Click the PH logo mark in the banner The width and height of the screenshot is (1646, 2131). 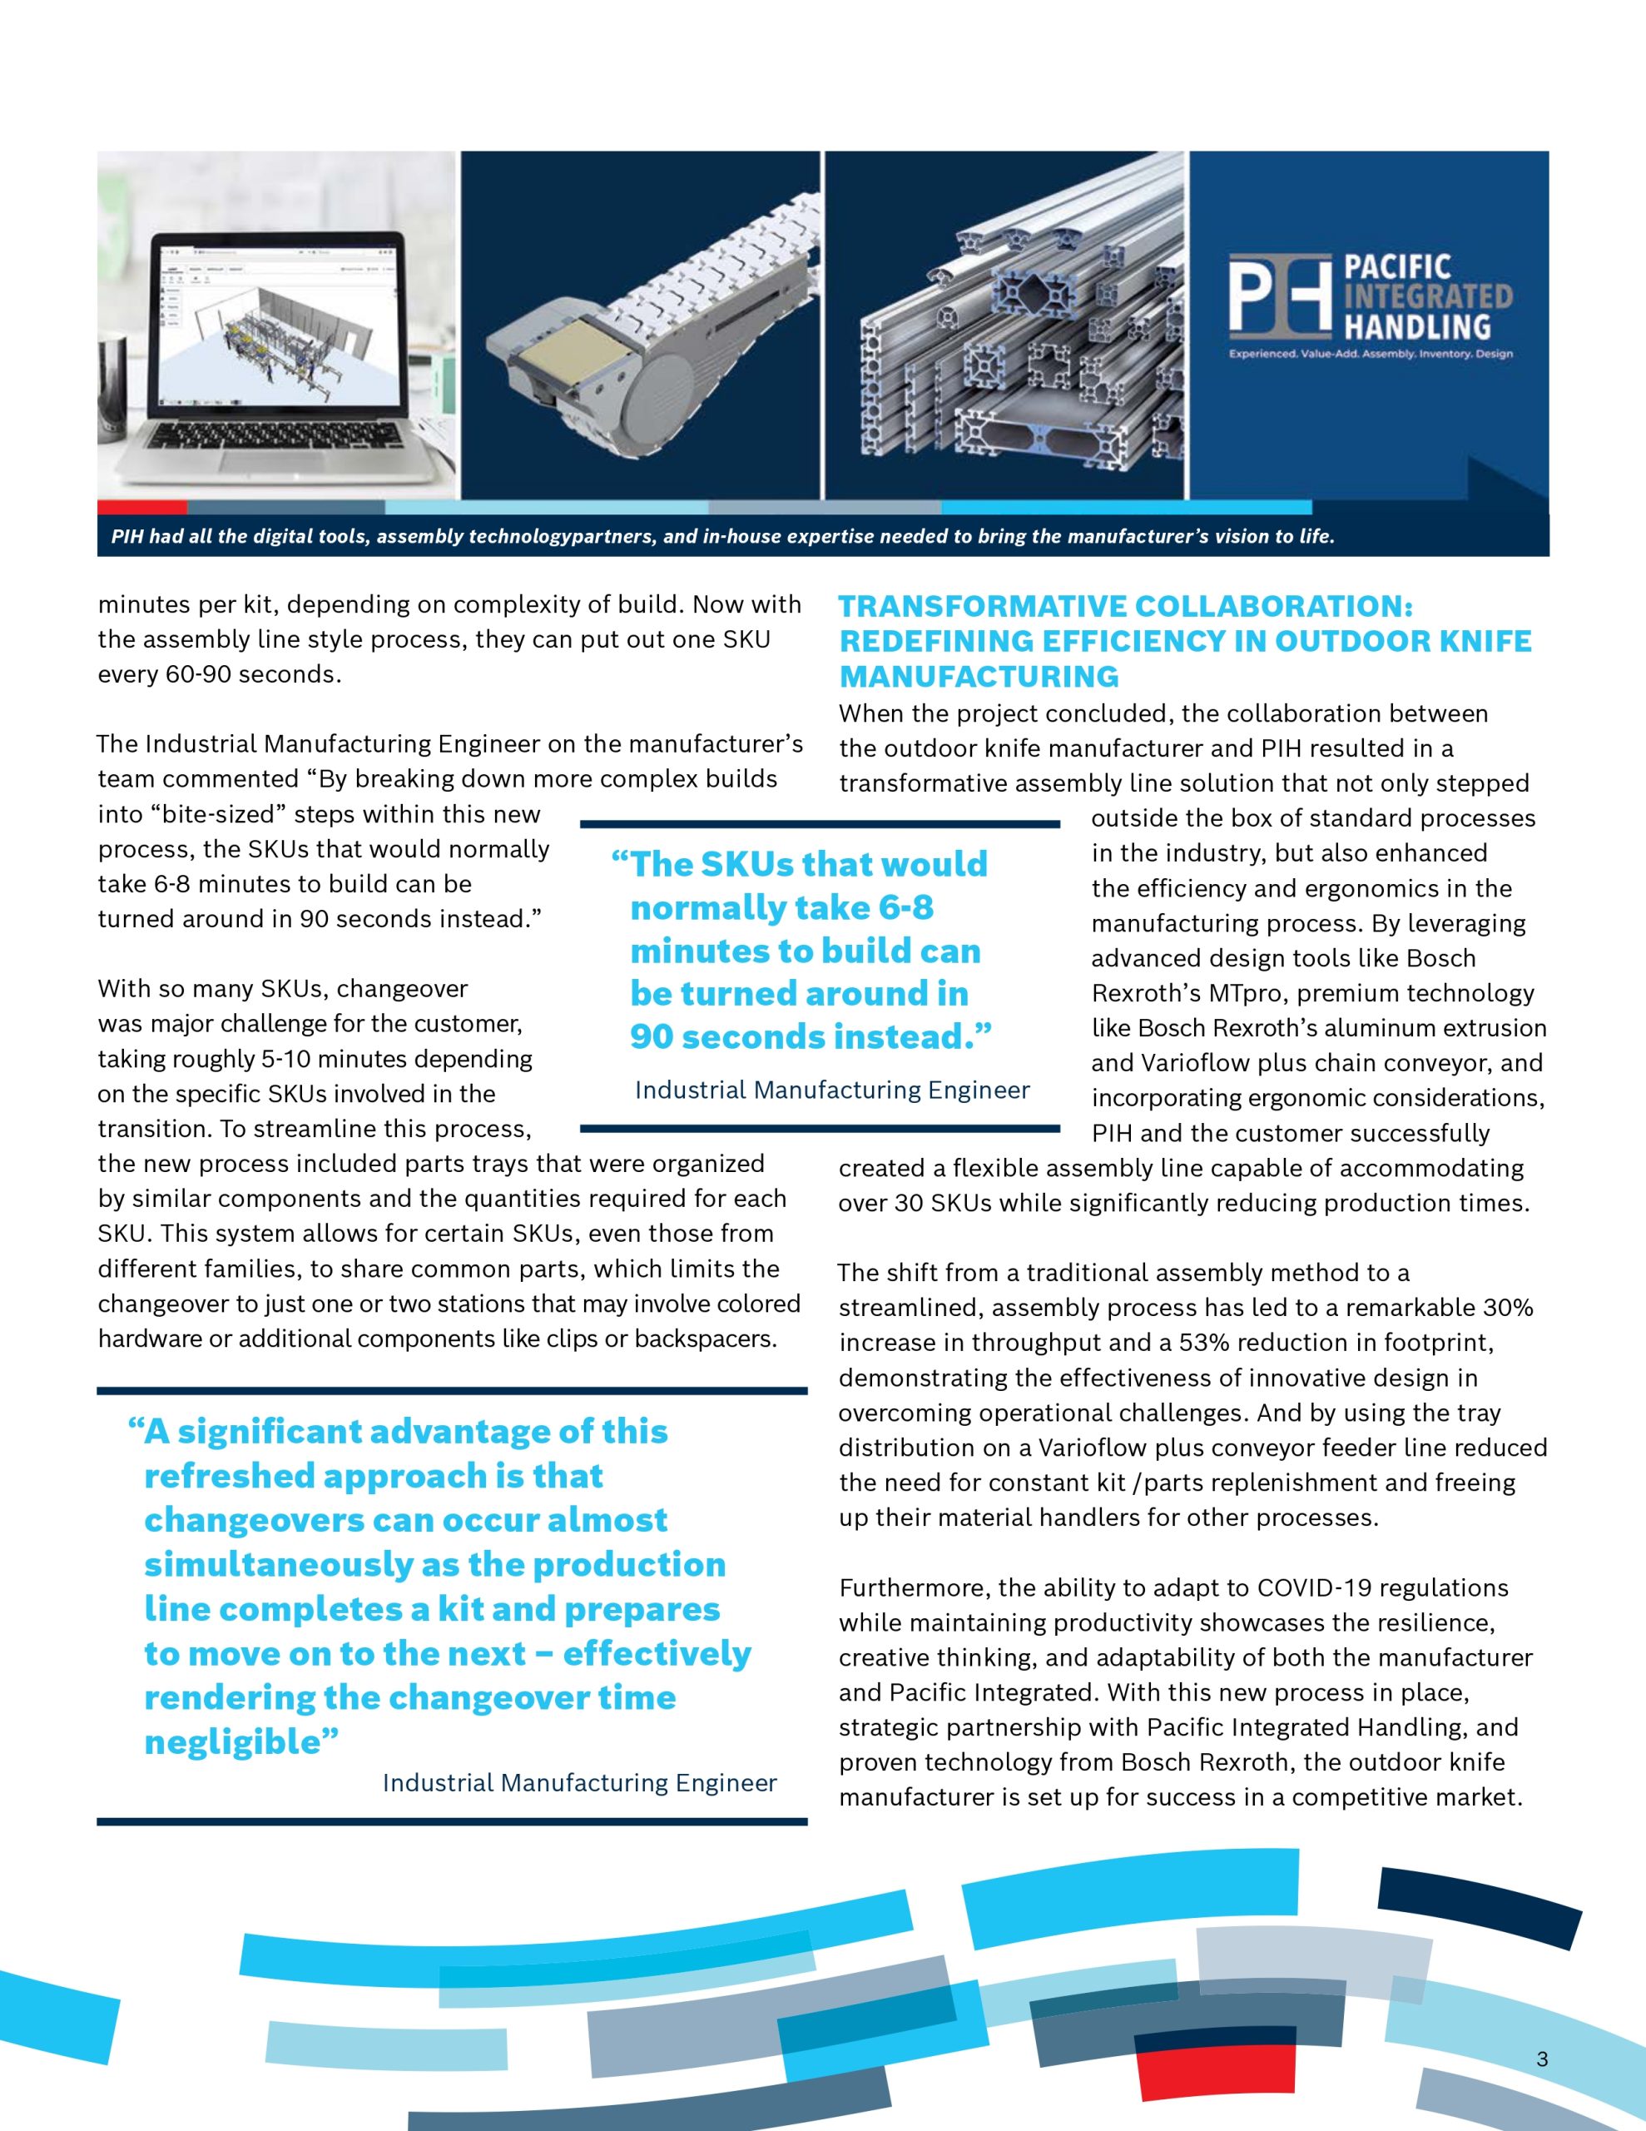click(x=1279, y=294)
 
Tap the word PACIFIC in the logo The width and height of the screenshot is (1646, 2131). click(x=1397, y=267)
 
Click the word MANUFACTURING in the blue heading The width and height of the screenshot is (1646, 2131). click(x=979, y=676)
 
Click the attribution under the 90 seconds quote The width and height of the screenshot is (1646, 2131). click(x=831, y=1090)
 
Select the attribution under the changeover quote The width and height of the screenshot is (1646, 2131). click(x=579, y=1783)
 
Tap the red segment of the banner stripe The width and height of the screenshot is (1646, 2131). click(x=141, y=508)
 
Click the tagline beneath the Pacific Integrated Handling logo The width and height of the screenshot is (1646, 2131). click(x=1370, y=353)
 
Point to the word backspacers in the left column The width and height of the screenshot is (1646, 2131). click(x=706, y=1339)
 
